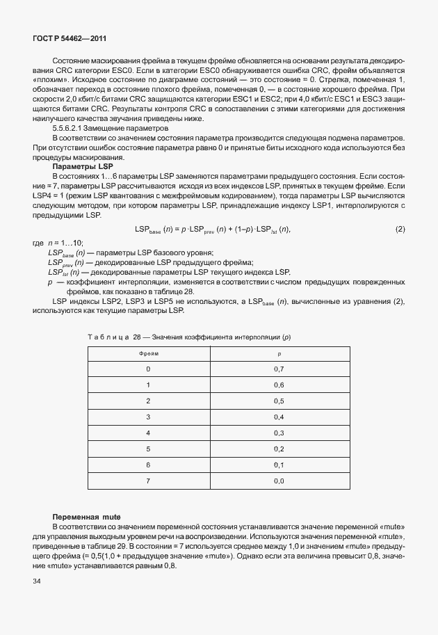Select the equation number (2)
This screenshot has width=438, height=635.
click(x=400, y=230)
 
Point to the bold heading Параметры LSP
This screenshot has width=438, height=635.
click(x=78, y=166)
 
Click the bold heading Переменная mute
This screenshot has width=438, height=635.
click(x=87, y=518)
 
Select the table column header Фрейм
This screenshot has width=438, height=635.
click(x=148, y=353)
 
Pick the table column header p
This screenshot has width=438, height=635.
click(x=279, y=353)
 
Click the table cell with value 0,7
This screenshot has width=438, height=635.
click(x=279, y=369)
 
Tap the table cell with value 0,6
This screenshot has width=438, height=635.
click(x=279, y=385)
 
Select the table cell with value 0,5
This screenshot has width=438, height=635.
click(x=279, y=401)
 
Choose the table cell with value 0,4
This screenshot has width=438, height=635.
click(x=279, y=417)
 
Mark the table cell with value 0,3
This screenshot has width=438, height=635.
click(x=279, y=433)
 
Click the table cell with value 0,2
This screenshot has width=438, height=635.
click(x=279, y=449)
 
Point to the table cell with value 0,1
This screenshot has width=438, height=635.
click(x=279, y=465)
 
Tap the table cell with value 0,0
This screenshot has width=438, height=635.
click(x=279, y=481)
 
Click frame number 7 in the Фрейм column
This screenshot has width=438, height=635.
click(x=148, y=481)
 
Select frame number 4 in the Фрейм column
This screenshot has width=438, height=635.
click(x=148, y=433)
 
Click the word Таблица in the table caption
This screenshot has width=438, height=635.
click(x=108, y=337)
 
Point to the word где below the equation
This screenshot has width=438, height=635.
click(x=38, y=242)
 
